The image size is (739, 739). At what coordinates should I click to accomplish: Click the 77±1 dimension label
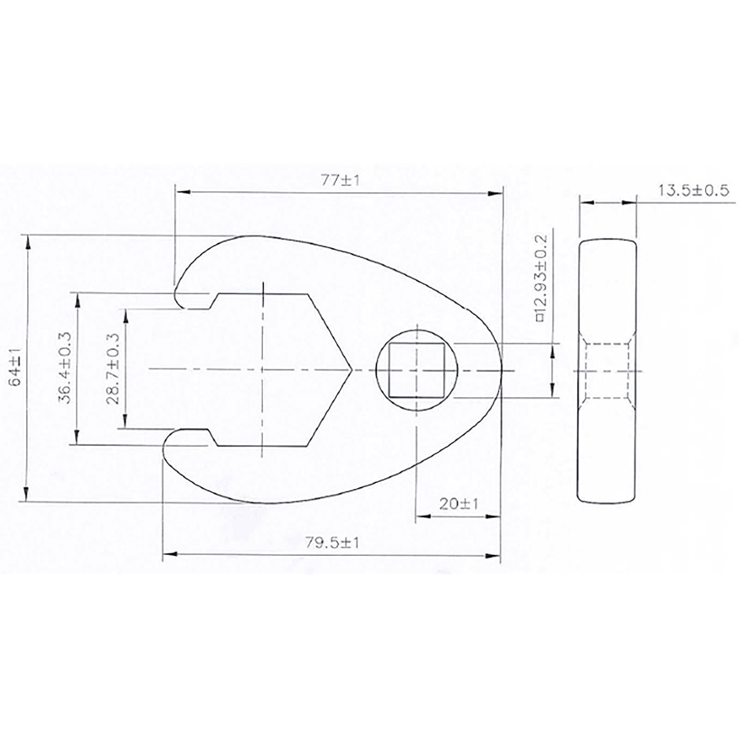(x=340, y=180)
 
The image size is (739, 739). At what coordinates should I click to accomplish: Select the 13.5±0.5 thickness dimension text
(x=693, y=190)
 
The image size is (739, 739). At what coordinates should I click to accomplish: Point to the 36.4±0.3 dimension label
(x=65, y=368)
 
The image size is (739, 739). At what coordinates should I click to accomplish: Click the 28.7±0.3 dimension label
(x=113, y=369)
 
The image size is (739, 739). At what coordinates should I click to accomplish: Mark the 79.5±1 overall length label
(x=332, y=543)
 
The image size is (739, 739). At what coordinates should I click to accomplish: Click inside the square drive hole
(x=417, y=370)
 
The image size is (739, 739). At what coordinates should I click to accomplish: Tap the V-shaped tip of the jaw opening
(x=351, y=369)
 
